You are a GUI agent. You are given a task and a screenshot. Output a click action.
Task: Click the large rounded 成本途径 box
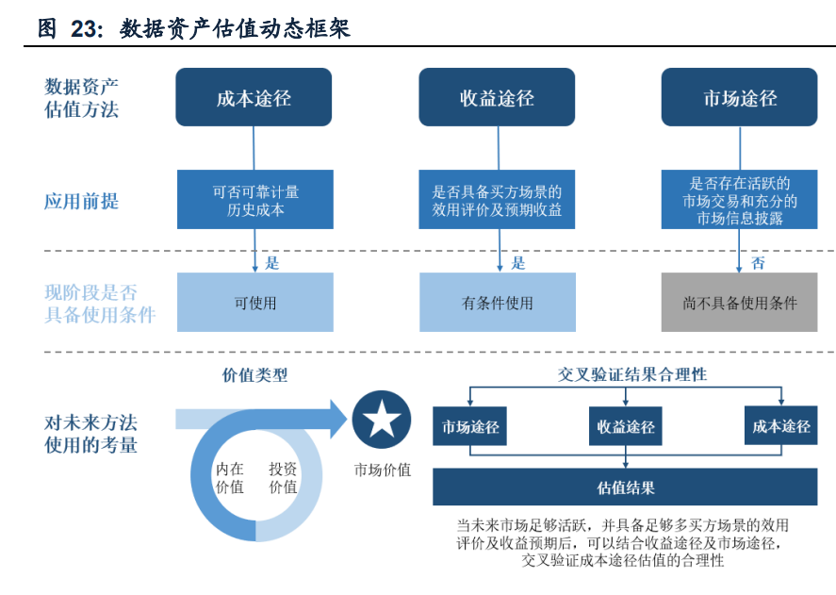point(254,97)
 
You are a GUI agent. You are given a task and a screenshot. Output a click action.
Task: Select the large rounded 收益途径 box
point(497,97)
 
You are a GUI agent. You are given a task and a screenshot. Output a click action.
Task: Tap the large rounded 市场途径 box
point(740,97)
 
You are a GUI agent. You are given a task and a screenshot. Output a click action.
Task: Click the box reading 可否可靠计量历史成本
point(255,200)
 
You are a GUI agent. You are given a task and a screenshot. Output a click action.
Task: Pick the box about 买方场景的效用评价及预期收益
point(497,200)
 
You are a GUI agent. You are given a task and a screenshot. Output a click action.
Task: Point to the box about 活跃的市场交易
point(740,200)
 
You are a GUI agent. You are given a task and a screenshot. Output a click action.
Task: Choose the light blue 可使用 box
point(255,302)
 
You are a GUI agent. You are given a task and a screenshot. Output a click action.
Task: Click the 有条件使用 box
point(498,302)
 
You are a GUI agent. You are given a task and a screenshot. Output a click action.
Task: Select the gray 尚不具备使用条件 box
point(740,302)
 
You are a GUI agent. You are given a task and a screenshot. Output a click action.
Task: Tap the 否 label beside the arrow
point(758,262)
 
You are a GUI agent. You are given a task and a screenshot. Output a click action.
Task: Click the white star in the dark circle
point(382,419)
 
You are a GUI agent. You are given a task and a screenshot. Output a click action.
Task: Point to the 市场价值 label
point(383,470)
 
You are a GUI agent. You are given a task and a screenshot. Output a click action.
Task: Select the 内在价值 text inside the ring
point(230,477)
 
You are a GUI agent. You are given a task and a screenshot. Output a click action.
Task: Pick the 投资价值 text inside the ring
point(283,477)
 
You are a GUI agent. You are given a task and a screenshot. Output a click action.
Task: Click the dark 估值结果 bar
point(625,487)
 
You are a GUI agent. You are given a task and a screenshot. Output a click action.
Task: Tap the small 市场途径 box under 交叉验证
point(469,426)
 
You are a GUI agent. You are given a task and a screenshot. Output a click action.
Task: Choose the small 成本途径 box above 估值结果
point(781,425)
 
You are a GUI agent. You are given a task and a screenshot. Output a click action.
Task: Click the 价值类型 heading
point(254,375)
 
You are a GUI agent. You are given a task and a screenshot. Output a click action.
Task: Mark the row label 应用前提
point(82,201)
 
